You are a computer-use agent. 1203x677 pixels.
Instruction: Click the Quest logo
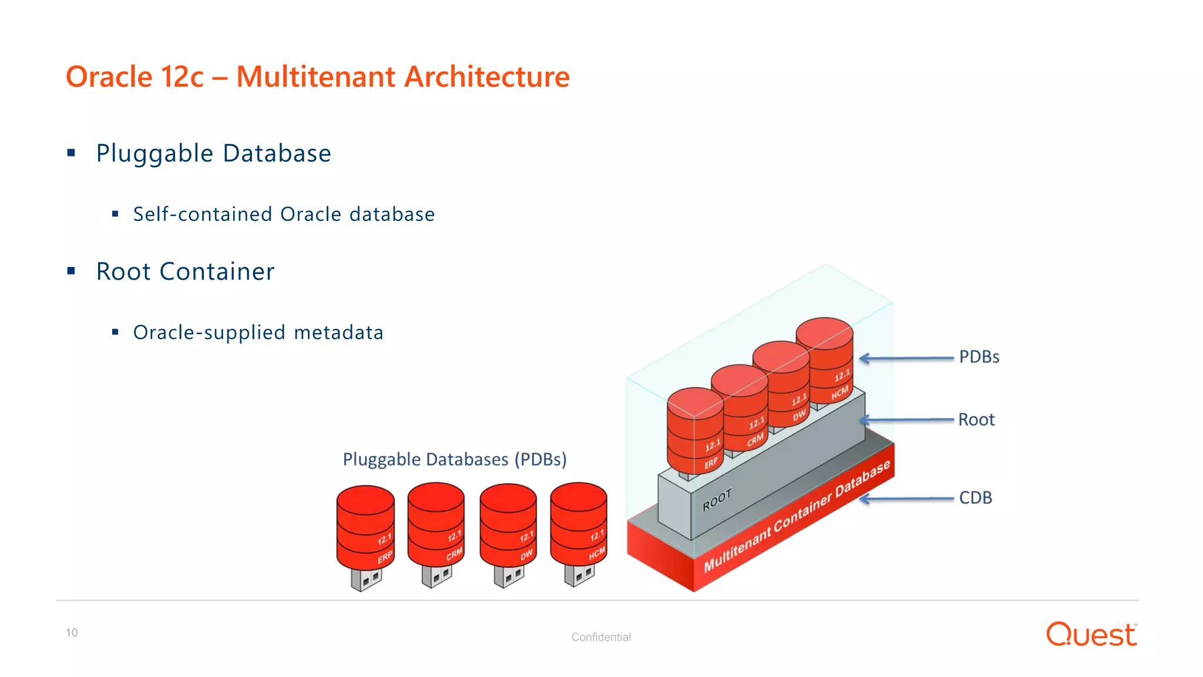click(1091, 635)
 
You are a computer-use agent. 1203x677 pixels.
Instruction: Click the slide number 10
click(72, 633)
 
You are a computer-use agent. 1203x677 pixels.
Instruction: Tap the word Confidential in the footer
click(601, 637)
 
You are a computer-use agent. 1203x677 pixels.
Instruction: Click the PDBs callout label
click(979, 357)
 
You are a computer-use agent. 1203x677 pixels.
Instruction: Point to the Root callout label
click(976, 420)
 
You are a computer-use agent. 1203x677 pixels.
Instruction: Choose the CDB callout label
click(975, 498)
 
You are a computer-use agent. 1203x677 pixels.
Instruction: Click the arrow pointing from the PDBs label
click(906, 358)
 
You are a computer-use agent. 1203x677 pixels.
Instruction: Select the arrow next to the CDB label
click(906, 499)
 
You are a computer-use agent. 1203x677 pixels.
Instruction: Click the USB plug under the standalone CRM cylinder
click(436, 576)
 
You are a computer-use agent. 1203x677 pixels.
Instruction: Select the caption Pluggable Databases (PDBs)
click(455, 459)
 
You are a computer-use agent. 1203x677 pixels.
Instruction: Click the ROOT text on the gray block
click(717, 500)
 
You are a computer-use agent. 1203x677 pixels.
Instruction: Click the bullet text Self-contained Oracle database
click(284, 215)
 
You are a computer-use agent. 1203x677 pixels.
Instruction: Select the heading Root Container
click(185, 272)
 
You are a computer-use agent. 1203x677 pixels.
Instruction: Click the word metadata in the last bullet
click(338, 333)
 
